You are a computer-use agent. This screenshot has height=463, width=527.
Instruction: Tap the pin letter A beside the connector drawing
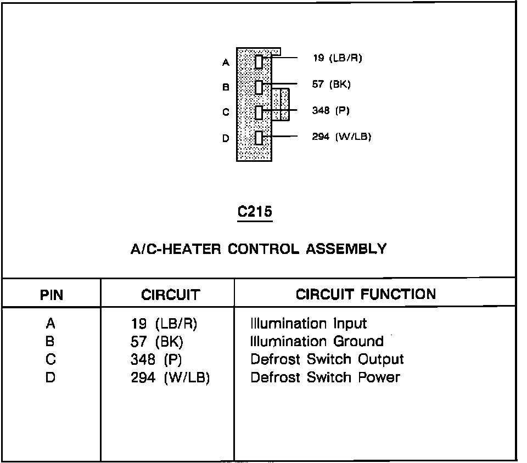(225, 63)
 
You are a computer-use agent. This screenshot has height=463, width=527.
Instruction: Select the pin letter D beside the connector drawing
(225, 138)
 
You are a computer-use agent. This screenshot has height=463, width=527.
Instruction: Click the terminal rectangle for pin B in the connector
(259, 87)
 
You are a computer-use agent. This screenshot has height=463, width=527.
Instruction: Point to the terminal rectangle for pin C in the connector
(259, 112)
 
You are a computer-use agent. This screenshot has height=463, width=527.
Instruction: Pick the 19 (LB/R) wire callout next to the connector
(337, 58)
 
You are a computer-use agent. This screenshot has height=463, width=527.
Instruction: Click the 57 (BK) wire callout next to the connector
(331, 84)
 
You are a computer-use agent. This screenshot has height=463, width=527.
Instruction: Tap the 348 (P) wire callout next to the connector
(330, 110)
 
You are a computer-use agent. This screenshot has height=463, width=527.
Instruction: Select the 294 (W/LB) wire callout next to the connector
(341, 137)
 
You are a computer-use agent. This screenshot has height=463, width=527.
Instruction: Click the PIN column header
(52, 295)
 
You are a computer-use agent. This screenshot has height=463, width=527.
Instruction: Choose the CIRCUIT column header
(170, 295)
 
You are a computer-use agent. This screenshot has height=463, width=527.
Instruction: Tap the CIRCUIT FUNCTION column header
(366, 294)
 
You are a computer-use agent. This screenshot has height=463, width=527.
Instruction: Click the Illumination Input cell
(309, 324)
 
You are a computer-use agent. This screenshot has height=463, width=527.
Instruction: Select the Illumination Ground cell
(317, 342)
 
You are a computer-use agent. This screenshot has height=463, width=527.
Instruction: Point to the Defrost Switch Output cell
(327, 359)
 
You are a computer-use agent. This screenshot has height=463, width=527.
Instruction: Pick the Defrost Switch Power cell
(325, 377)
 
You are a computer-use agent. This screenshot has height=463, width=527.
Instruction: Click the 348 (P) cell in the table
(156, 360)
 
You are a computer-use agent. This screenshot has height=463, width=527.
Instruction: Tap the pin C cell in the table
(51, 360)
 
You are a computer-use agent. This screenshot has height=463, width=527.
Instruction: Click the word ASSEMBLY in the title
(346, 249)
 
